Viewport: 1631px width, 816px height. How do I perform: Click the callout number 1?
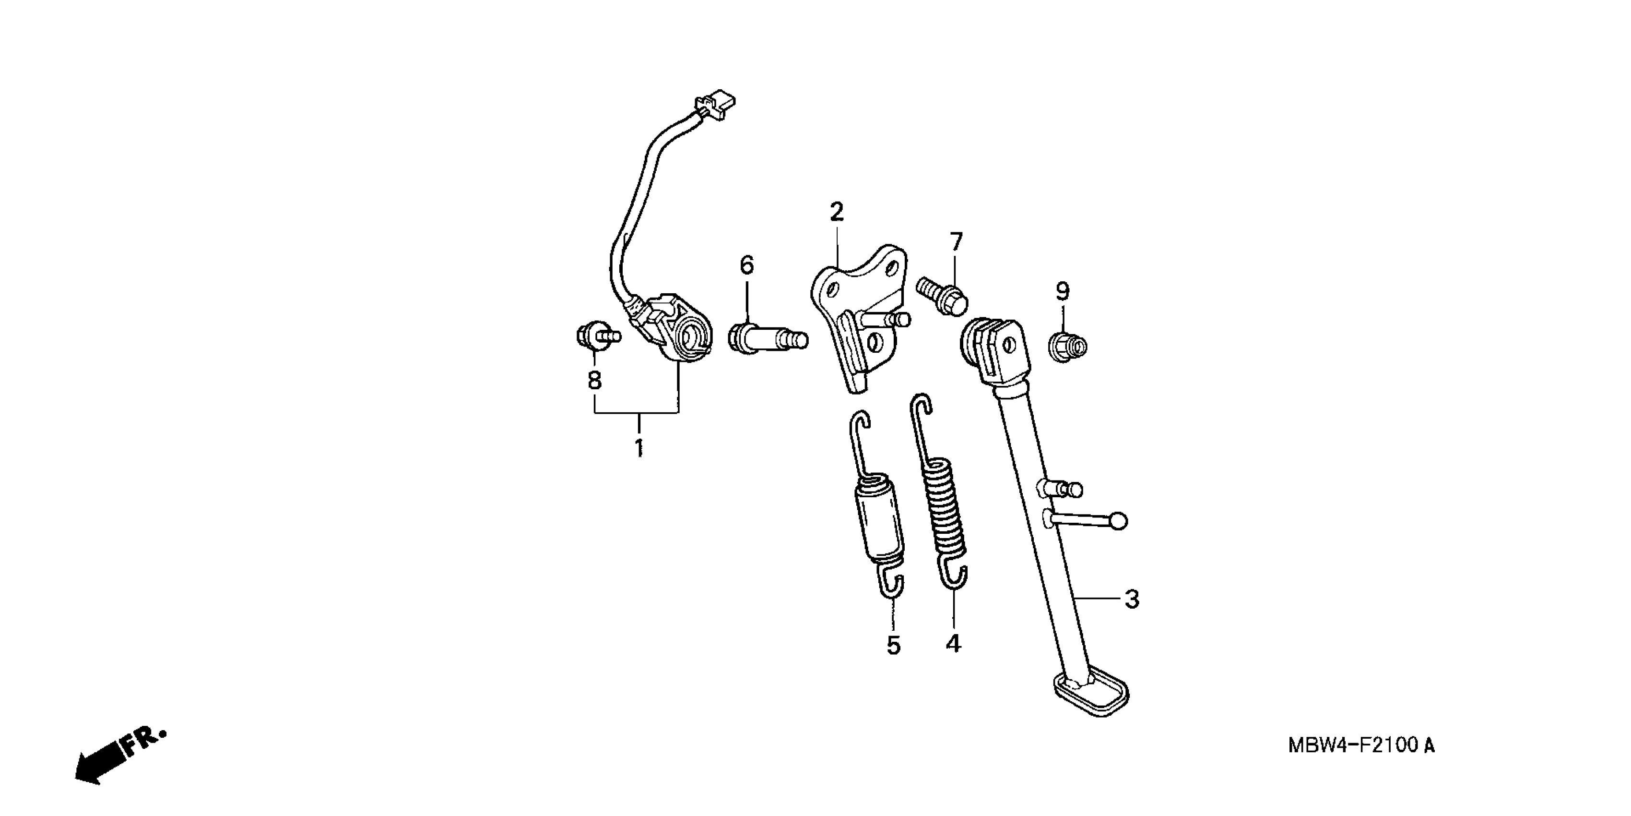[639, 447]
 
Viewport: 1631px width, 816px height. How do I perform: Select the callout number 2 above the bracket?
[837, 212]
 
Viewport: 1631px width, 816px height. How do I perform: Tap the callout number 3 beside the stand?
[1132, 599]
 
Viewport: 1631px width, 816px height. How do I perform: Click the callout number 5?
[893, 645]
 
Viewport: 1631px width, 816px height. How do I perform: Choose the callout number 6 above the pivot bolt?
[747, 265]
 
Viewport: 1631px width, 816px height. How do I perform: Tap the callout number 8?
[594, 380]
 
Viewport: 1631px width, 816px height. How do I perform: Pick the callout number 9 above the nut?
[1063, 291]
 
